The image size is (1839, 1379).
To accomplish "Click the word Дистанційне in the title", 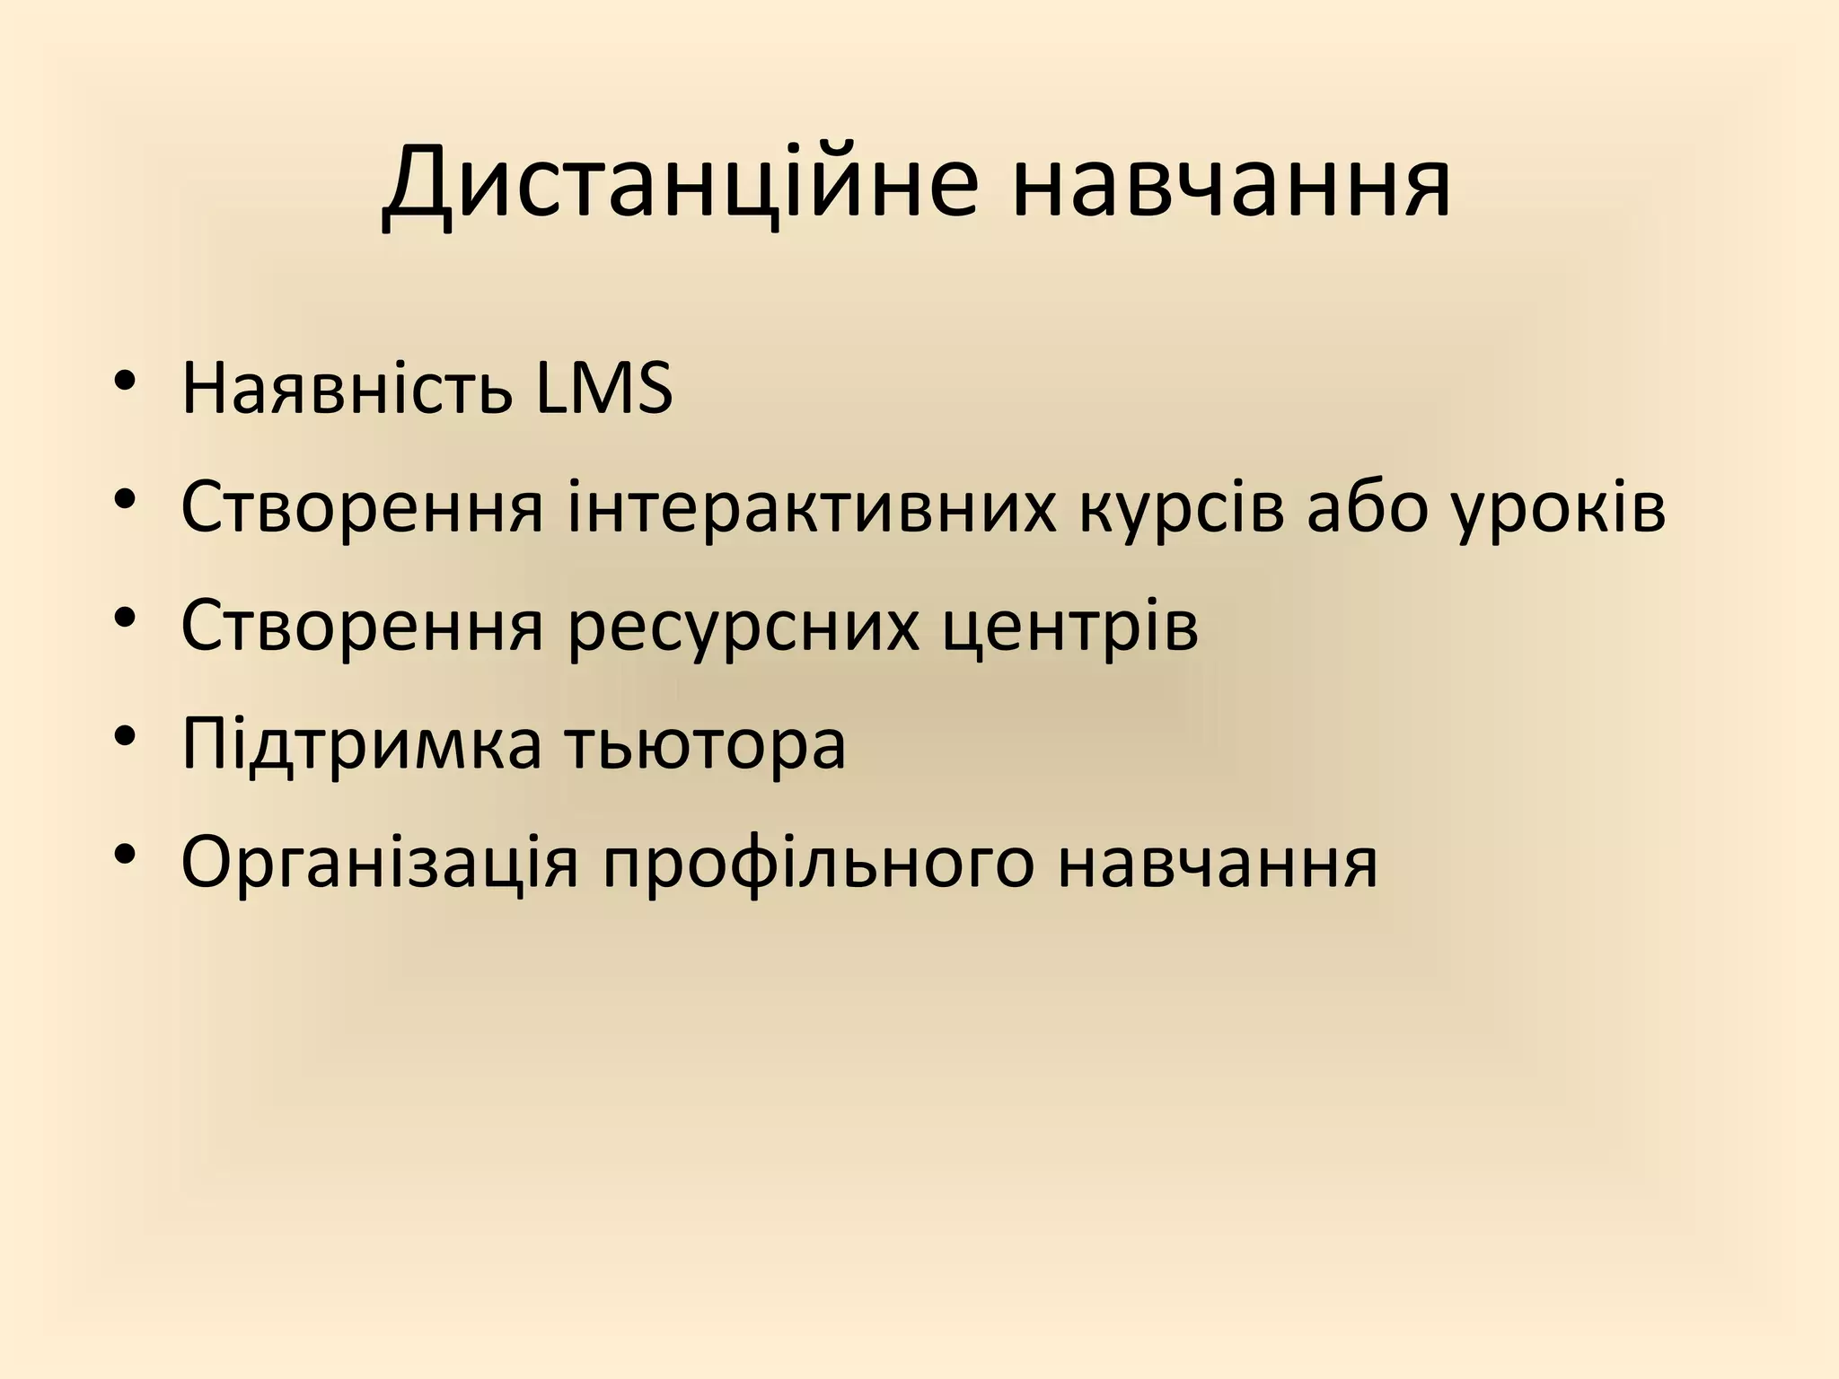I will (679, 184).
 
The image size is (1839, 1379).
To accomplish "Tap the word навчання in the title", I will (1230, 184).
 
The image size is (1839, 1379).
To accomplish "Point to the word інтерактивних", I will (812, 507).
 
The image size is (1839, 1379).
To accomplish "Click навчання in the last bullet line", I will (1217, 862).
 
